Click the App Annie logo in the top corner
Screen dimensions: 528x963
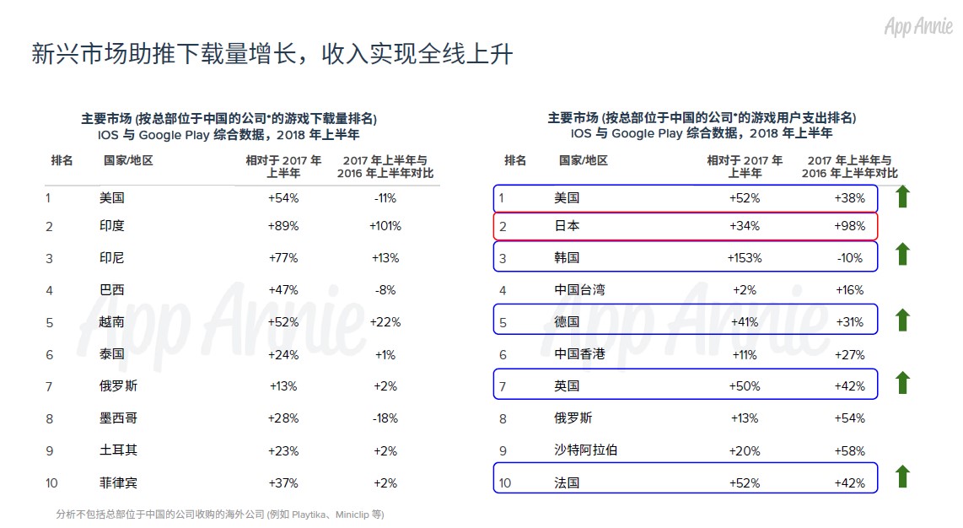point(917,27)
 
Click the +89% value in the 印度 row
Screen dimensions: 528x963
point(283,226)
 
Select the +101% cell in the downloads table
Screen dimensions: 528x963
point(385,226)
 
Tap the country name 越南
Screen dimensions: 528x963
point(112,322)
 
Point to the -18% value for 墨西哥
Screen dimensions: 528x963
point(385,418)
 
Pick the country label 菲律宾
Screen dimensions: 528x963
point(118,482)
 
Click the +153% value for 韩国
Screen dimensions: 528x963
point(744,258)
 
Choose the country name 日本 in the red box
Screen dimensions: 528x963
point(567,226)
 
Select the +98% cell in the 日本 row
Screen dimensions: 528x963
point(849,226)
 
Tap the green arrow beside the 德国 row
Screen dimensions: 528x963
point(902,321)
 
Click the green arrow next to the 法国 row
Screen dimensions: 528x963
point(902,477)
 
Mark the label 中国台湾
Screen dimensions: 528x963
point(579,290)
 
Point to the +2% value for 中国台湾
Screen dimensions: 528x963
point(744,290)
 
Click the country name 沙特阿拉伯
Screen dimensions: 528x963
point(585,450)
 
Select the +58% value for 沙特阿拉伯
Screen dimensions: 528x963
point(849,450)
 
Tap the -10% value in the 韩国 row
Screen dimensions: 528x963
point(849,258)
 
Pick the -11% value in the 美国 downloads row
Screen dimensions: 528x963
point(385,198)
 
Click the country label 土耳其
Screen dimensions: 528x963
point(118,450)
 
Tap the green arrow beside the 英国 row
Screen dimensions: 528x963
point(902,383)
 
